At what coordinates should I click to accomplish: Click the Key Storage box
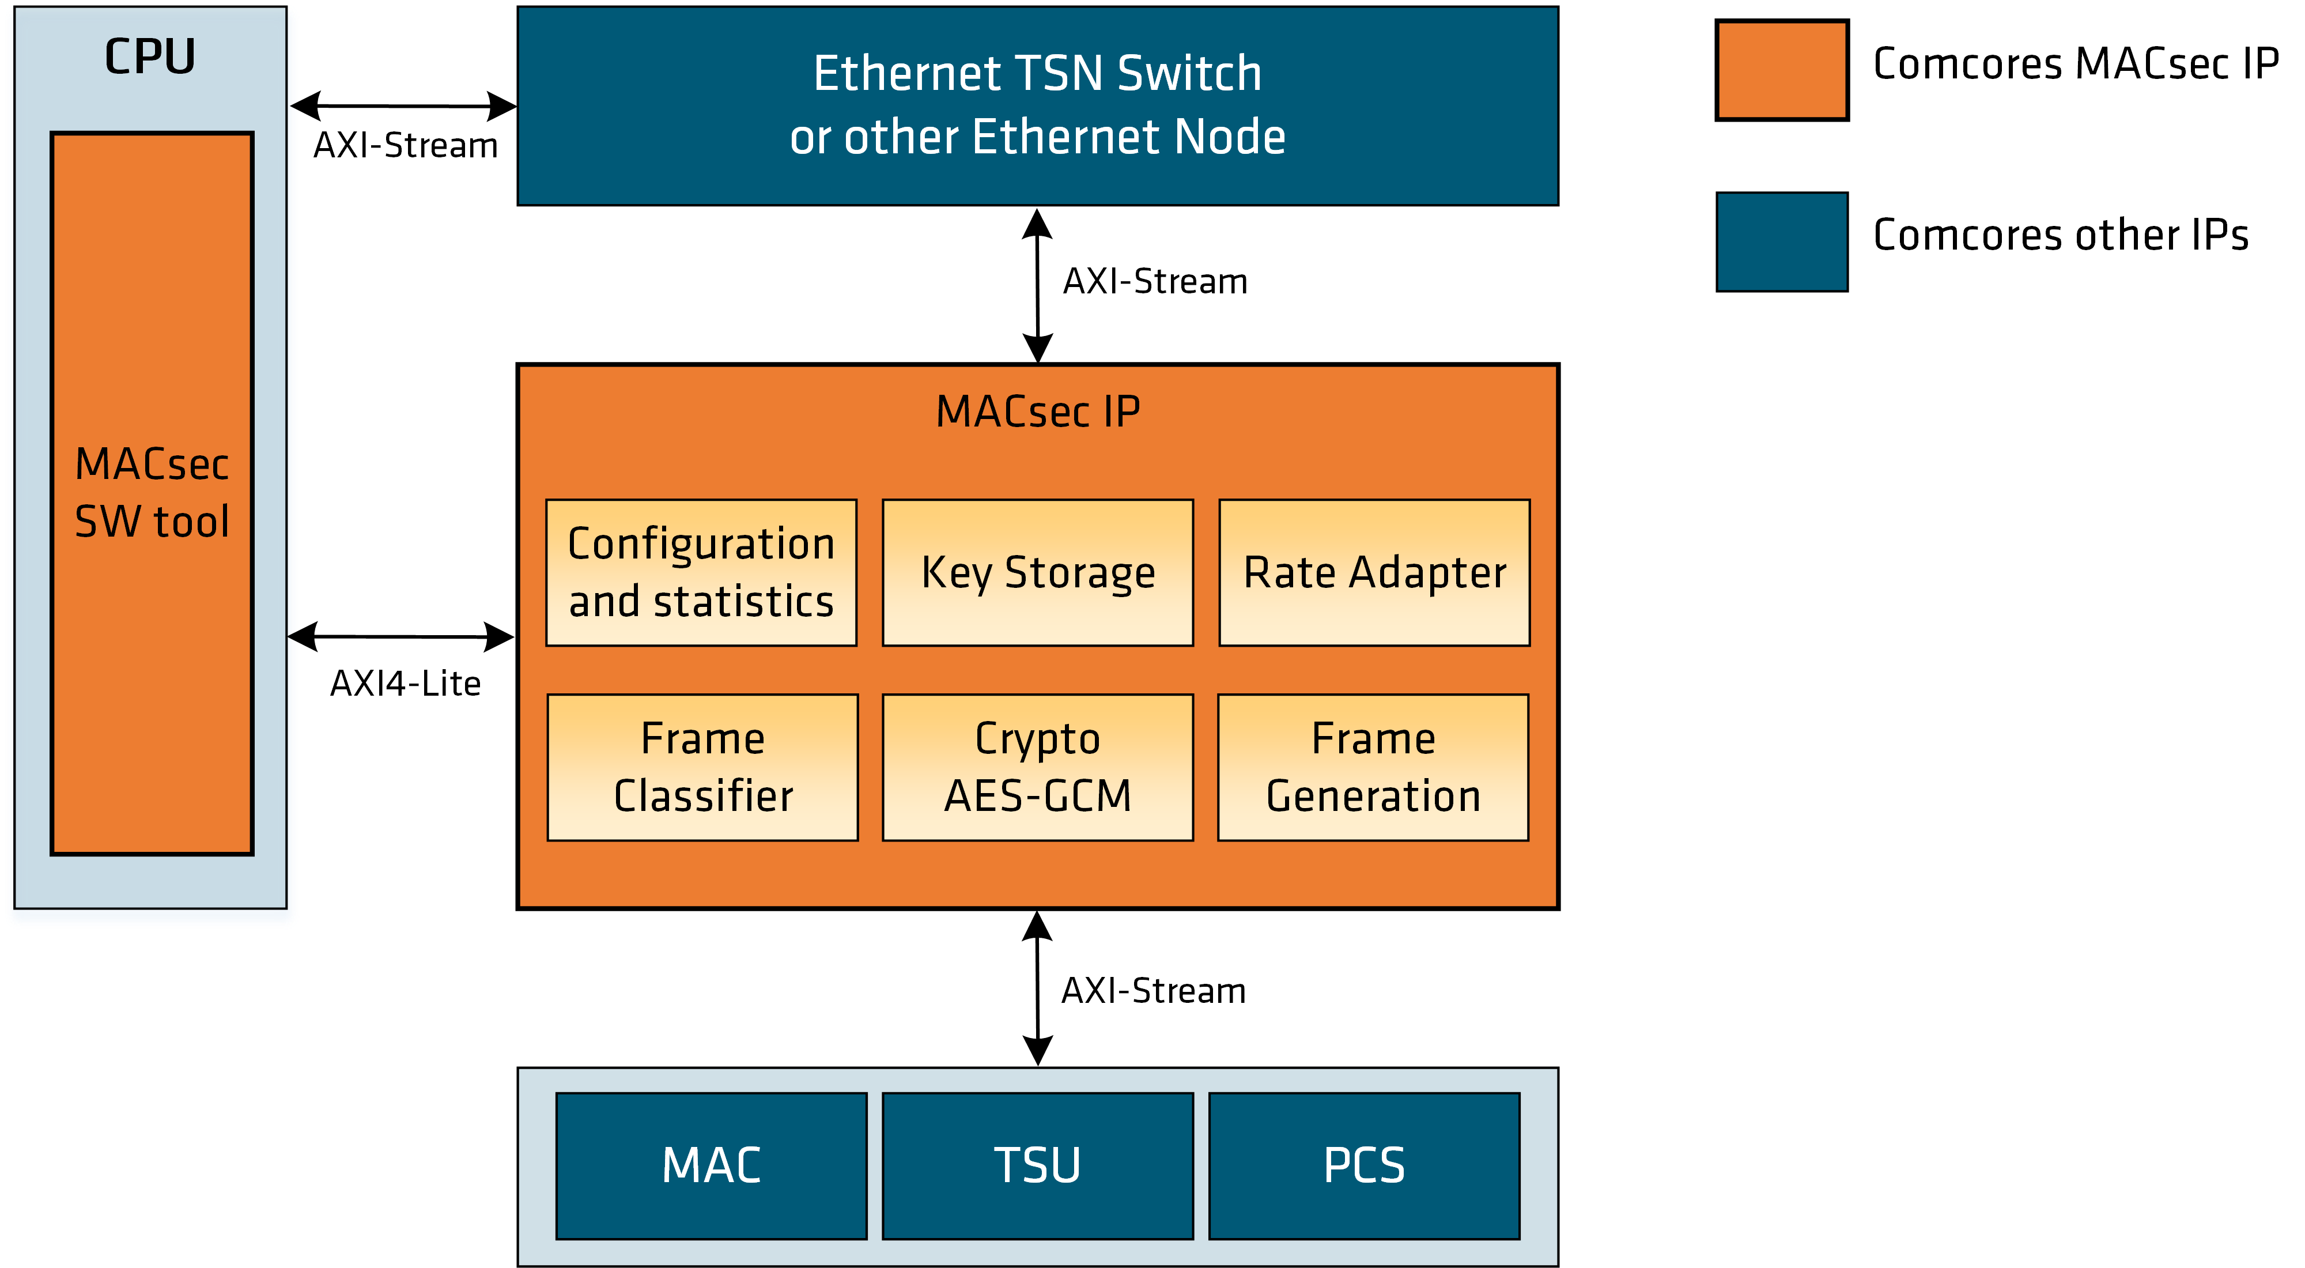tap(1037, 573)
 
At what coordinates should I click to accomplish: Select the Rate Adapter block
tap(1374, 573)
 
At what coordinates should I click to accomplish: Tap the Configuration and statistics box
tap(701, 573)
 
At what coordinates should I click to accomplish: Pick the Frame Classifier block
tap(702, 767)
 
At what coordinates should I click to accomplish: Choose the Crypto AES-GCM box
tap(1037, 767)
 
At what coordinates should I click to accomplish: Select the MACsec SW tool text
tap(152, 493)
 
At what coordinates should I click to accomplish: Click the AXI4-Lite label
tap(405, 684)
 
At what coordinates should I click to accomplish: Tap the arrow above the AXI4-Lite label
tap(401, 637)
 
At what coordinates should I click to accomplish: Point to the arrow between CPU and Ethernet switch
tap(403, 105)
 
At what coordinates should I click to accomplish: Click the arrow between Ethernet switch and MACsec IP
tap(1037, 285)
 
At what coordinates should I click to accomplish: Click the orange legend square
tap(1782, 70)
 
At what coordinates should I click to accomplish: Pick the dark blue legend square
tap(1782, 241)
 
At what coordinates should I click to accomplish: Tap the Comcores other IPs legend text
tap(2060, 235)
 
